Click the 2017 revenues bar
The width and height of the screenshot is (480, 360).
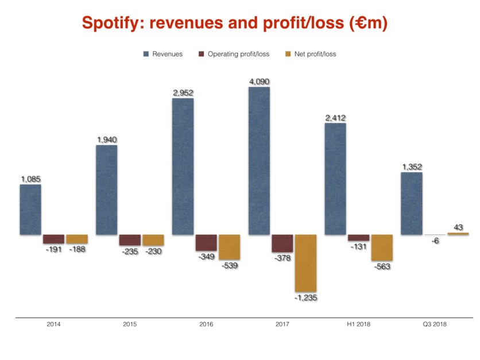(x=259, y=161)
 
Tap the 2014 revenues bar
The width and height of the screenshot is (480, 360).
(x=30, y=210)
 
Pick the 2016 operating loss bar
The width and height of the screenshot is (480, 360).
(x=206, y=242)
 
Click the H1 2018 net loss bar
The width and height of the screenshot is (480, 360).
(x=382, y=247)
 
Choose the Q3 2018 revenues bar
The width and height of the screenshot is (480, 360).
(x=411, y=203)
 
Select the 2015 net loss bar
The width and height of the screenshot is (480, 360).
(x=153, y=240)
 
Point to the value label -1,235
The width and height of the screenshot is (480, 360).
(x=305, y=297)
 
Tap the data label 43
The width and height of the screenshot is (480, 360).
(x=458, y=227)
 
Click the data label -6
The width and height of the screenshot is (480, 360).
(x=435, y=241)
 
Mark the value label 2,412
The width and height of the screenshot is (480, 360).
(x=335, y=118)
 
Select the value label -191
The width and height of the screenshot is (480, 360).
(x=53, y=250)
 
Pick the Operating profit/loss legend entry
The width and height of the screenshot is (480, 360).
(x=235, y=54)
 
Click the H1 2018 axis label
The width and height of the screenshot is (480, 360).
(x=359, y=324)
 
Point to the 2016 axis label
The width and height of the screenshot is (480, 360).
(x=206, y=324)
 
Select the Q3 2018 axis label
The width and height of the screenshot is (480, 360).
(x=435, y=324)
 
